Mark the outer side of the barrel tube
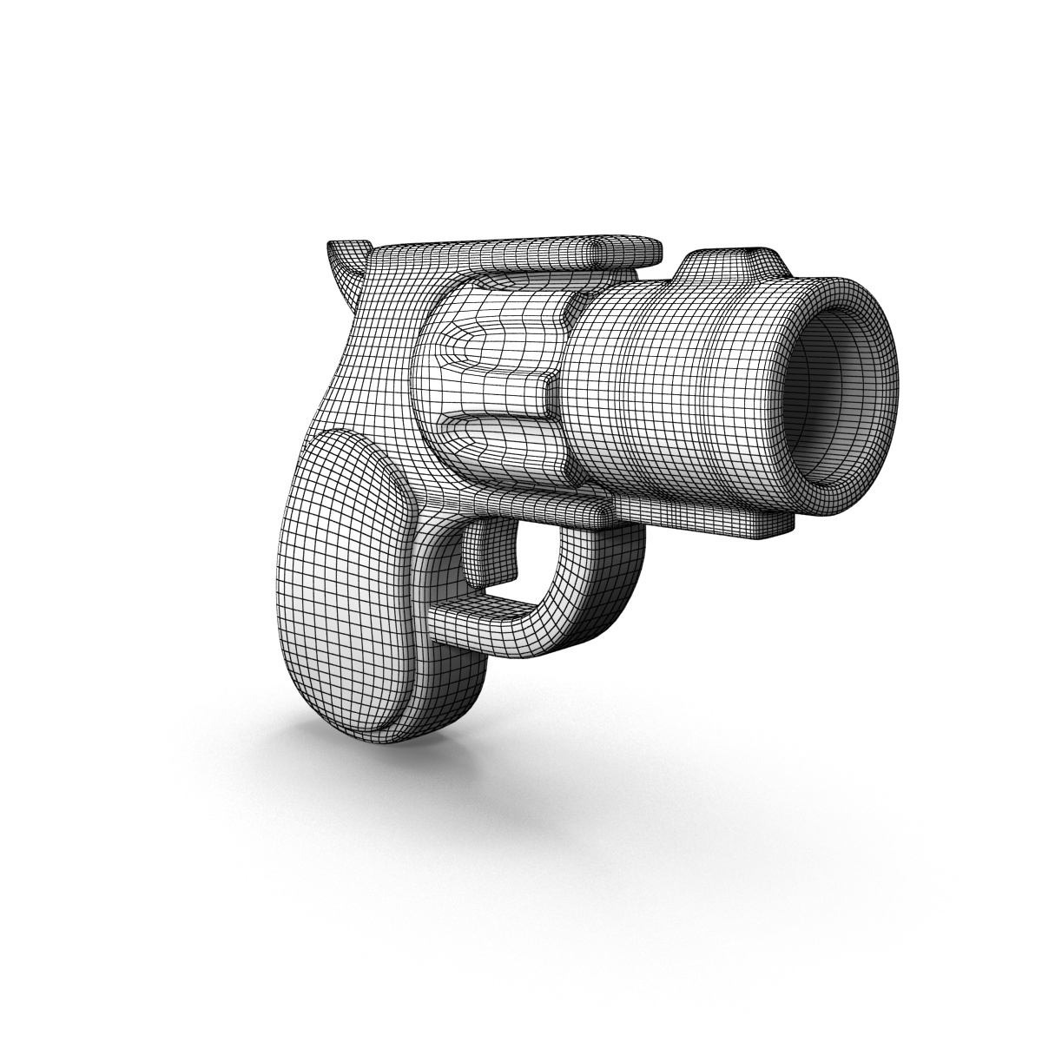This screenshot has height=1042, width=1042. click(686, 399)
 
